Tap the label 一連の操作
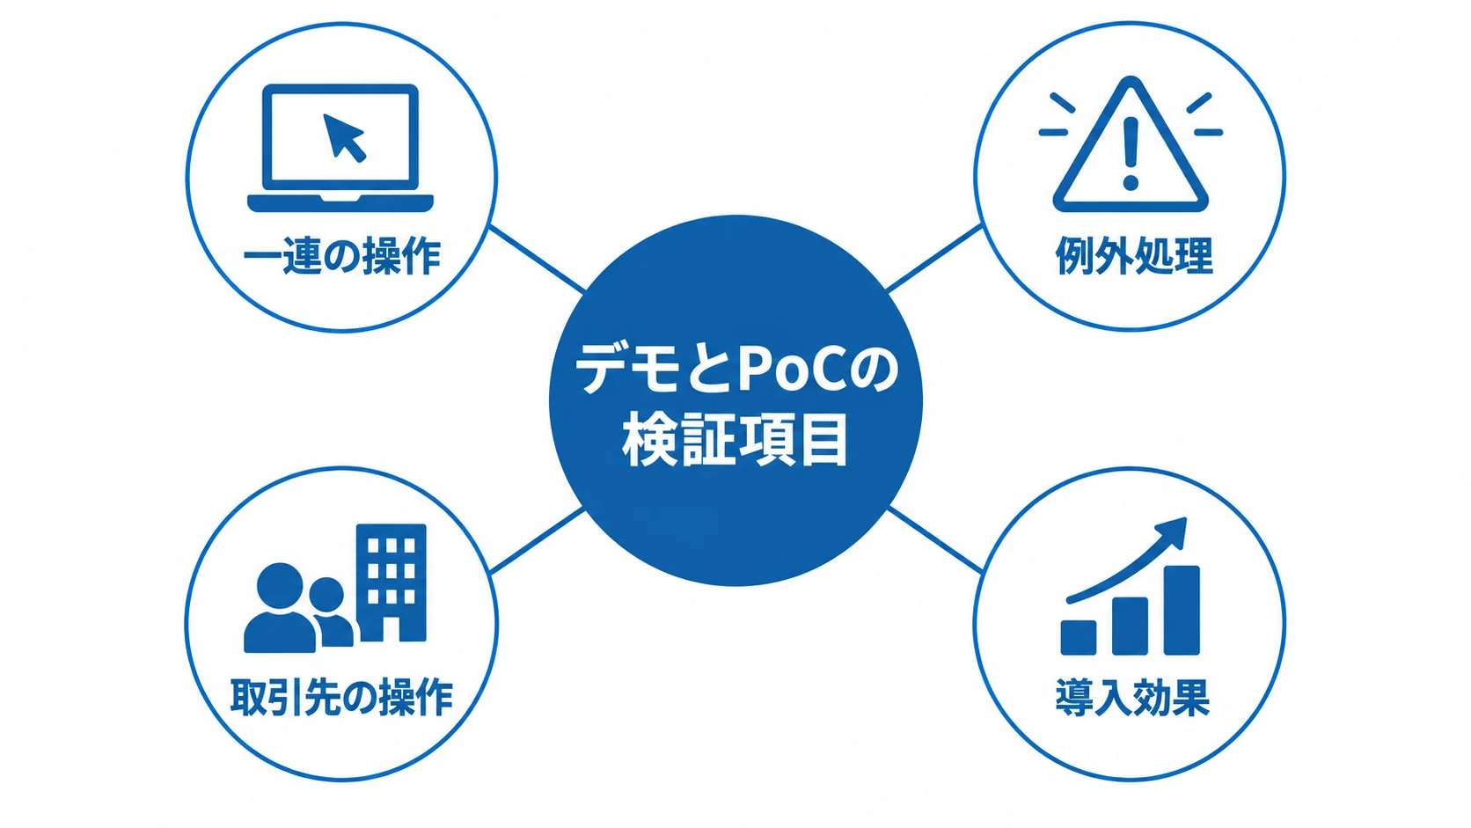pos(342,256)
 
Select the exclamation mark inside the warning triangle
pos(1131,151)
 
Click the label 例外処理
pos(1134,256)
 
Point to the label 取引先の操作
pos(342,697)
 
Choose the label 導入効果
pos(1132,697)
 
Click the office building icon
pos(392,583)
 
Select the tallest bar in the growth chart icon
pos(1182,610)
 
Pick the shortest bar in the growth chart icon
pos(1079,638)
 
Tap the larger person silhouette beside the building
pos(281,607)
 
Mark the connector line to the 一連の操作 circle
pos(538,259)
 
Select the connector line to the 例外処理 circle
pos(934,258)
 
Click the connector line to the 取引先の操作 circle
pos(538,540)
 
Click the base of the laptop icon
pos(340,203)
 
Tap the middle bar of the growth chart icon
pos(1131,626)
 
